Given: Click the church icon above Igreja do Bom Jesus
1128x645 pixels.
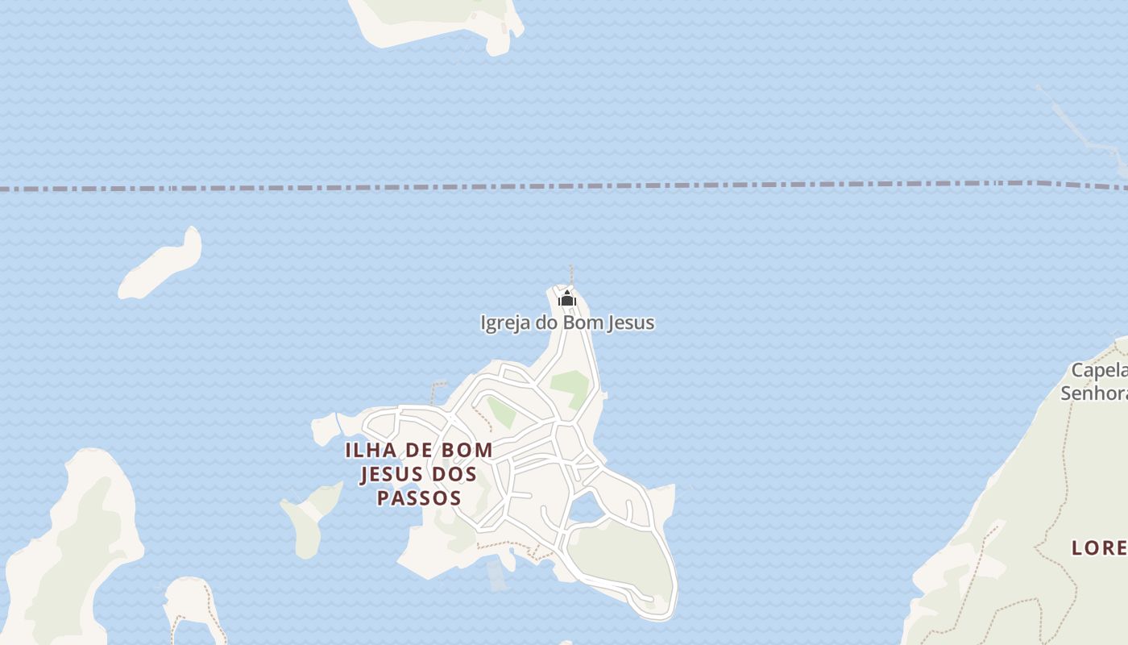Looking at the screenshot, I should pyautogui.click(x=567, y=299).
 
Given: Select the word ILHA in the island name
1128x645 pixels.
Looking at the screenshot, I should pyautogui.click(x=370, y=450).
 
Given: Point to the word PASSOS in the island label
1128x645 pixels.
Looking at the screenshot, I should pyautogui.click(x=419, y=498).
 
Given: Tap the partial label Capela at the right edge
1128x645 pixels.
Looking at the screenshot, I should pyautogui.click(x=1099, y=371).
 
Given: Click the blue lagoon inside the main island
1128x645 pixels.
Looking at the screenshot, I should pyautogui.click(x=584, y=509).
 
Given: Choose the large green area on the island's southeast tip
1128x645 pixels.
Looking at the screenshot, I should pyautogui.click(x=624, y=556).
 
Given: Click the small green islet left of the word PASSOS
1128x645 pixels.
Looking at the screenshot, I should pyautogui.click(x=310, y=516).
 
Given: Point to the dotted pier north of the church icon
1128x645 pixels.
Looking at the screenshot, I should pyautogui.click(x=570, y=274).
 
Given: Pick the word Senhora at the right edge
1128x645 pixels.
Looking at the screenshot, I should pyautogui.click(x=1094, y=393).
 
